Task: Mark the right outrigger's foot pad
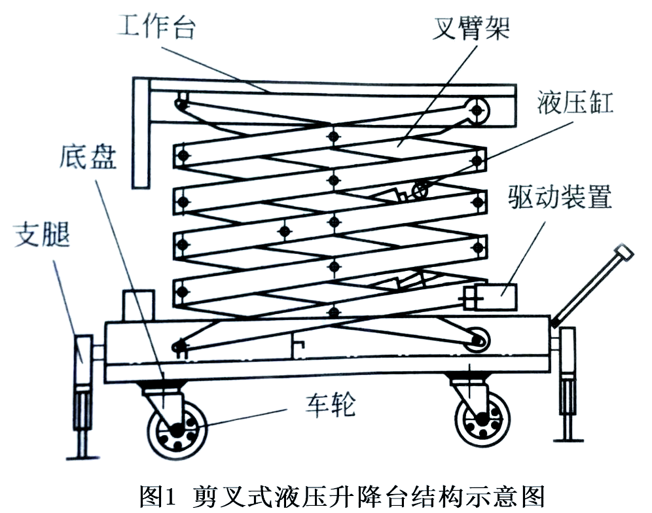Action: (x=568, y=439)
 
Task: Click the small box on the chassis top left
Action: (x=139, y=304)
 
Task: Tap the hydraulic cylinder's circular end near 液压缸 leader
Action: (x=420, y=190)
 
